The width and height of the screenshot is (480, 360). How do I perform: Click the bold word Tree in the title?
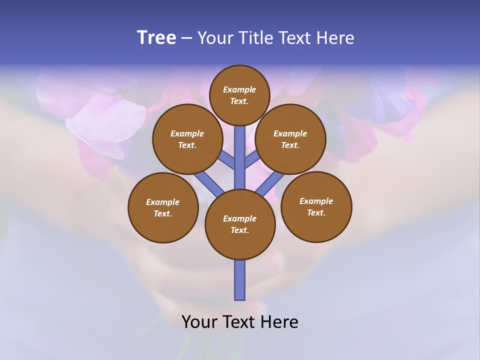click(156, 38)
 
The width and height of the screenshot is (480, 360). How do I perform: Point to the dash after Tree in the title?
click(186, 38)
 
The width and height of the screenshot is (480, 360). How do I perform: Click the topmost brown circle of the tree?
click(239, 95)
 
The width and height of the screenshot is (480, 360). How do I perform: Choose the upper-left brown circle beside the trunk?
click(187, 139)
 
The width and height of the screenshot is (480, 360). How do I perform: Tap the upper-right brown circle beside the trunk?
click(290, 139)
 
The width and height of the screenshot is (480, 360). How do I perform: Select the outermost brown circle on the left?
click(163, 207)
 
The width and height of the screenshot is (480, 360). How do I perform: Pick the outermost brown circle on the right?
click(316, 206)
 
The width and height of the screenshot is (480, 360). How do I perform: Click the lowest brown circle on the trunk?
click(240, 224)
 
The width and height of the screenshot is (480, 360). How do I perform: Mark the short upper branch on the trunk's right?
click(252, 159)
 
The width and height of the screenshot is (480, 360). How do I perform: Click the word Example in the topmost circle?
click(239, 89)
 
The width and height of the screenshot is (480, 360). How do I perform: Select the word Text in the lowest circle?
click(239, 230)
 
